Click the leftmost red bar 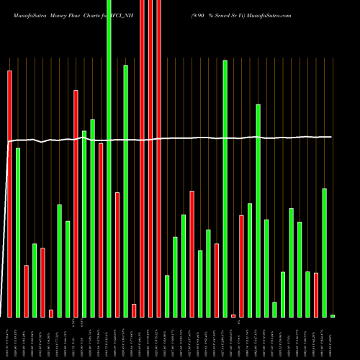(9, 194)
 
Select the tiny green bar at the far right (333, 316)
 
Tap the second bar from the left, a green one (18, 233)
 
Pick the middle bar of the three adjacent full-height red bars (150, 158)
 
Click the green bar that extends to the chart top (109, 158)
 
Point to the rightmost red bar (316, 294)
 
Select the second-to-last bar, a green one (324, 252)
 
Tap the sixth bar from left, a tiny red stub (51, 313)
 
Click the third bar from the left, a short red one (26, 291)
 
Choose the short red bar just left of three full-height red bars (134, 310)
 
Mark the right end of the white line (332, 136)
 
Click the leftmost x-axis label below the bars (9, 338)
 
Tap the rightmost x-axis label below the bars (333, 338)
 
